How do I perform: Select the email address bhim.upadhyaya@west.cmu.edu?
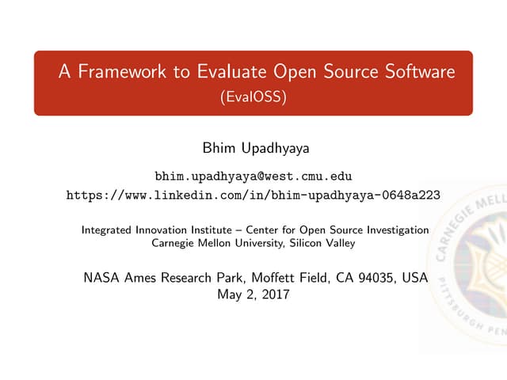[x=253, y=175]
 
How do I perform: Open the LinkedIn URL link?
[x=253, y=194]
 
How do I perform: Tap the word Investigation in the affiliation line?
[x=397, y=230]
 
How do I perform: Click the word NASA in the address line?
[x=101, y=279]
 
